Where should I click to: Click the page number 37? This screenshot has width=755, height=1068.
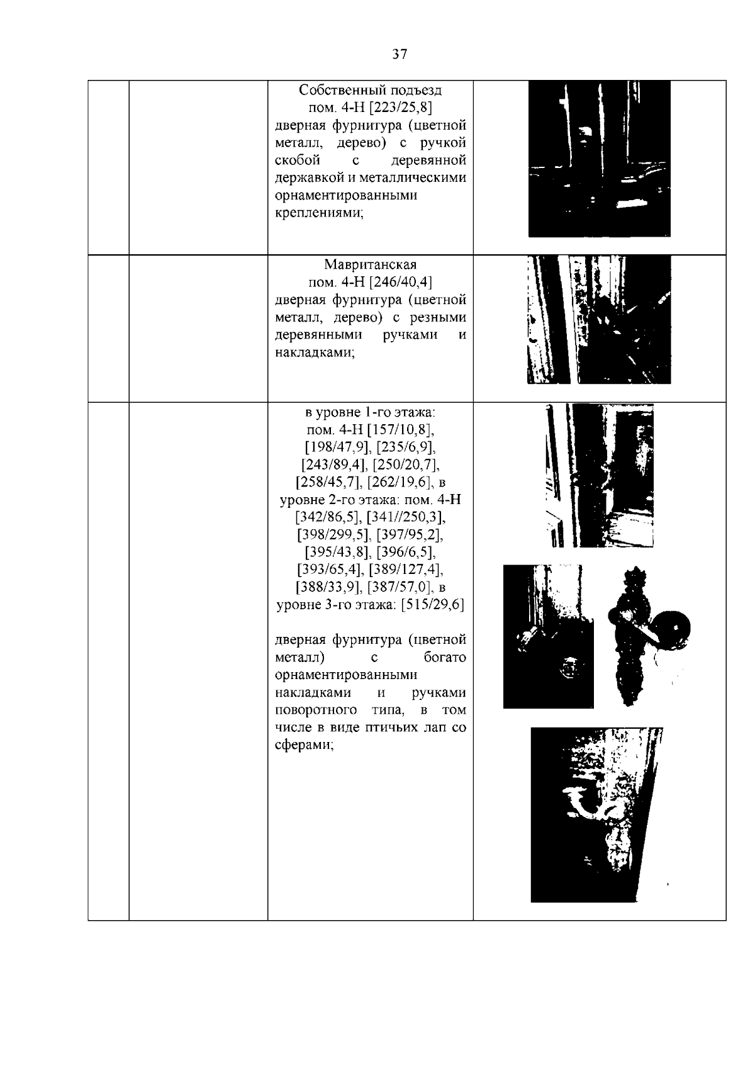pyautogui.click(x=400, y=54)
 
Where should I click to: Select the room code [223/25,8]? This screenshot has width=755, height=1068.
pyautogui.click(x=401, y=107)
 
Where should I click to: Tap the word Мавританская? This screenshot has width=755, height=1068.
pyautogui.click(x=371, y=264)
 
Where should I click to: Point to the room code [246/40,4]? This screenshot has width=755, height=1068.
pyautogui.click(x=401, y=282)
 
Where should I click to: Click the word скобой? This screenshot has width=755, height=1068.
pyautogui.click(x=298, y=160)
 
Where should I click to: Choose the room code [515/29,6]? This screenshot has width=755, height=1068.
pyautogui.click(x=432, y=605)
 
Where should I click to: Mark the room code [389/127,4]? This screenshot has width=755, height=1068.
pyautogui.click(x=406, y=570)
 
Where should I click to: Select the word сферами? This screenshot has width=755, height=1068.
pyautogui.click(x=304, y=745)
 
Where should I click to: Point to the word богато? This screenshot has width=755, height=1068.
pyautogui.click(x=445, y=658)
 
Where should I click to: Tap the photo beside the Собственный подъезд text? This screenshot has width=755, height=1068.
pyautogui.click(x=599, y=159)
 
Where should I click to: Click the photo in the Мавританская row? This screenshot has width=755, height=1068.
pyautogui.click(x=599, y=320)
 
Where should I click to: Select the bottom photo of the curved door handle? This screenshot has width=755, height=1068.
pyautogui.click(x=596, y=815)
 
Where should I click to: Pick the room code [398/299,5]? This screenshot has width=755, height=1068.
pyautogui.click(x=333, y=534)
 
